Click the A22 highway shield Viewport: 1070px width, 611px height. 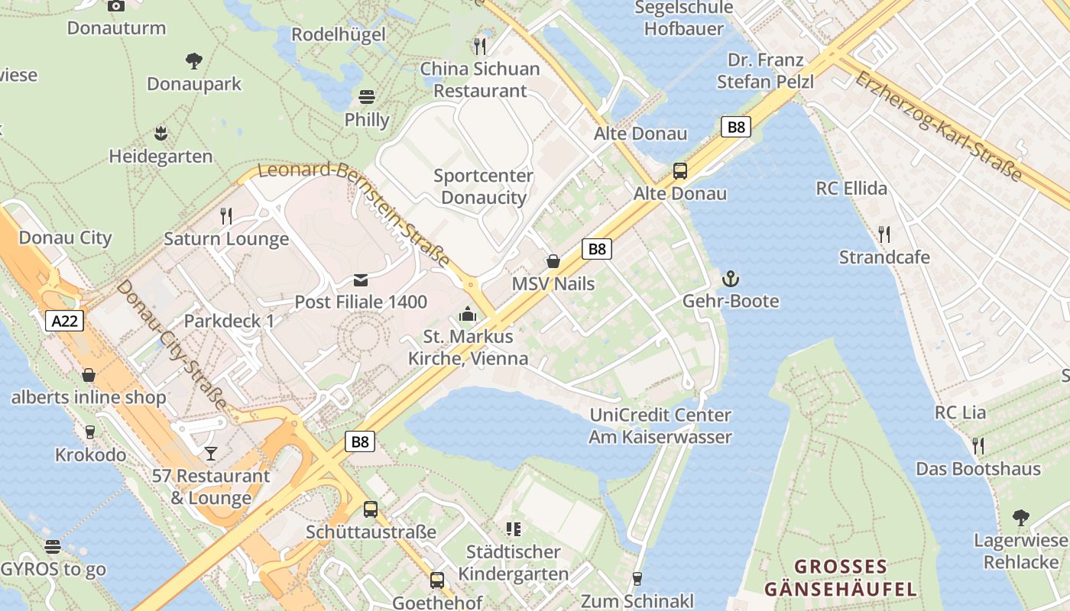point(64,321)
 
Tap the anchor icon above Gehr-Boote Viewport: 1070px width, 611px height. point(731,279)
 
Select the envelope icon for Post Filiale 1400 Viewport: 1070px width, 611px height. point(361,280)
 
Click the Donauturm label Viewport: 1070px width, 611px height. point(116,28)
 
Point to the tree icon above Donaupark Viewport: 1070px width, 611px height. point(194,60)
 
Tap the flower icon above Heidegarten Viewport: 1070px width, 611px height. point(160,134)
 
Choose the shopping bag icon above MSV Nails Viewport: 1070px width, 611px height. point(553,262)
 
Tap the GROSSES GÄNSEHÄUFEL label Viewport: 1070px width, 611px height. point(840,578)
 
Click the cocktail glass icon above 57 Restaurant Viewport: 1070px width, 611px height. point(210,454)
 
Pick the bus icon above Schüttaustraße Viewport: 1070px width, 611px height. point(371,509)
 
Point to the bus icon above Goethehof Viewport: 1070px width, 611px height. point(436,580)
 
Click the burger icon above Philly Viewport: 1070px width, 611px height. point(367,97)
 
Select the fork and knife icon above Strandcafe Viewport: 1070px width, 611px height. point(884,234)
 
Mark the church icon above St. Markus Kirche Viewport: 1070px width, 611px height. point(467,314)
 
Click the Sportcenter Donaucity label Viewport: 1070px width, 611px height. point(483,186)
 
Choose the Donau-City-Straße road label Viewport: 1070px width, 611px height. point(171,344)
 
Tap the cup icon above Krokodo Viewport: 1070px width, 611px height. point(90,432)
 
